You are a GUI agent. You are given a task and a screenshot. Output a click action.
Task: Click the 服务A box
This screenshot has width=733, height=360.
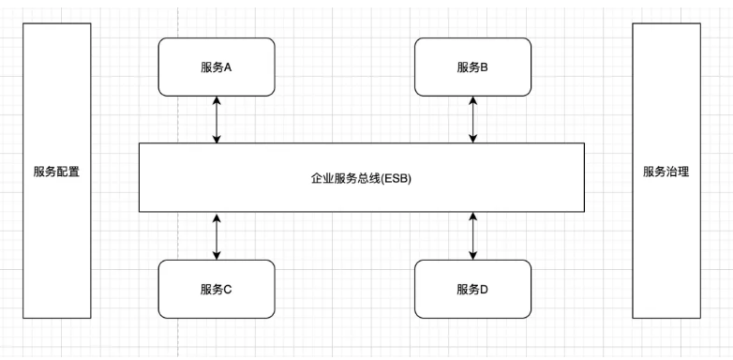[217, 67]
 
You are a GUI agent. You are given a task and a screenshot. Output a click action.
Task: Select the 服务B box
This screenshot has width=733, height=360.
[472, 67]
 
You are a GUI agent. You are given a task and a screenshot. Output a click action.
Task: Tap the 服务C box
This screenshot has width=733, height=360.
[217, 289]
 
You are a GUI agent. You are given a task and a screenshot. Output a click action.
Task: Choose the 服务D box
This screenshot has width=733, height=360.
[472, 289]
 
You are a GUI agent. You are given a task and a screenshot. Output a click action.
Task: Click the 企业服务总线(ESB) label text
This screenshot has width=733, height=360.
[361, 177]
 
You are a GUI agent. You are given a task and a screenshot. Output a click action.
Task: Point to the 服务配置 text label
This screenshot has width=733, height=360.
[56, 172]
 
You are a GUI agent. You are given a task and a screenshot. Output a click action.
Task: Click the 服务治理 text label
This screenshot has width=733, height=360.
[666, 172]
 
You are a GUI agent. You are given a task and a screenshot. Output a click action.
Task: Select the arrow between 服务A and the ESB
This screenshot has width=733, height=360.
[217, 119]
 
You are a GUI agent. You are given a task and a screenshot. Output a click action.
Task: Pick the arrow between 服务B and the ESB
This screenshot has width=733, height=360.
[472, 119]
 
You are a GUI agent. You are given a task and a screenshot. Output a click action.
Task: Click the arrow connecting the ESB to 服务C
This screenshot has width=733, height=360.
[217, 235]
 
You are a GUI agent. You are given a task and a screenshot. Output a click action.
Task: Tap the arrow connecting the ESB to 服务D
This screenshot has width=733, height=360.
[472, 235]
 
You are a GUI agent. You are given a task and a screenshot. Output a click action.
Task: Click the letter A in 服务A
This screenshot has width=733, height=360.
[228, 67]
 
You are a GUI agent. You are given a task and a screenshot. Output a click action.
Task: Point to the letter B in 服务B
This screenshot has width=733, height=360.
[484, 67]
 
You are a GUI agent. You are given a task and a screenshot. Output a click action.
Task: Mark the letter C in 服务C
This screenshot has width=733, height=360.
[228, 289]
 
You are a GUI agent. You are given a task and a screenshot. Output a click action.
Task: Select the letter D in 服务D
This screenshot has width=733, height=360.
[484, 289]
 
